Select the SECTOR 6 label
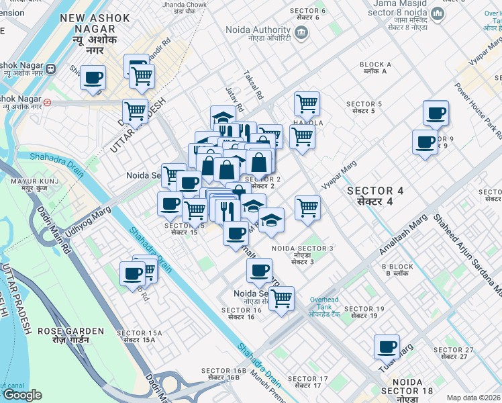pos(308,13)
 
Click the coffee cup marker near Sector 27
pos(387,347)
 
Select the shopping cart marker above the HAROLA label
pos(307,104)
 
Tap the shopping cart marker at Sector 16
pos(281,298)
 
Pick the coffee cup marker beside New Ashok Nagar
pos(93,77)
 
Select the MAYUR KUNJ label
pos(30,184)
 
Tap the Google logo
pos(22,395)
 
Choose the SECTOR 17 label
pos(311,382)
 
